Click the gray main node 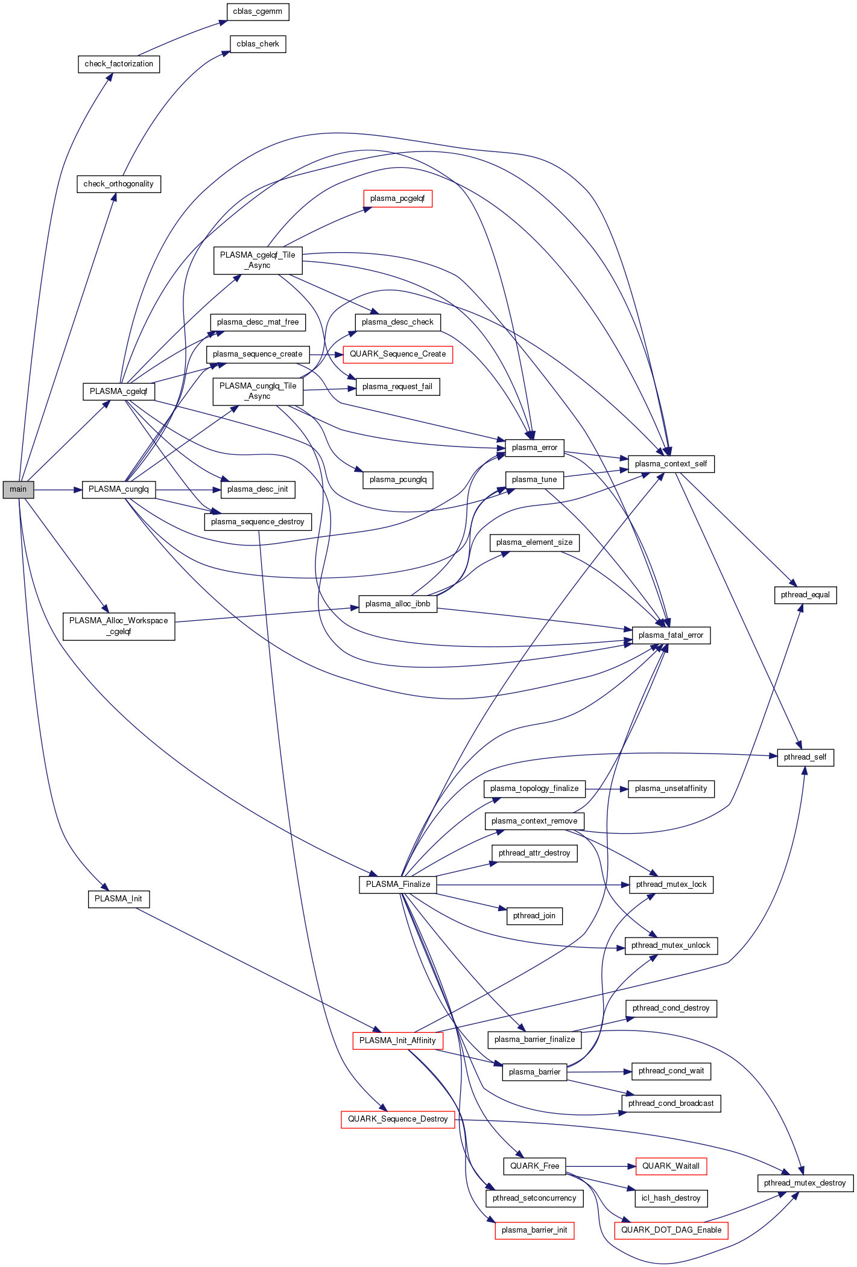click(x=18, y=489)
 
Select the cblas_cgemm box click(x=258, y=11)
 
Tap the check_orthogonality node click(x=119, y=184)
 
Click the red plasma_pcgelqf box click(x=397, y=198)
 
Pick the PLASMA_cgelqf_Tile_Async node click(x=258, y=260)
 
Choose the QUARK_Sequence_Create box click(x=397, y=354)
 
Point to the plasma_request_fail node click(x=397, y=387)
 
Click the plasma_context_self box click(x=671, y=464)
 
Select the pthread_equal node click(x=805, y=595)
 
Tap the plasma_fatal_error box click(x=671, y=635)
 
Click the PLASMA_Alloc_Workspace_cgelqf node click(x=119, y=626)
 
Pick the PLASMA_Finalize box click(x=398, y=884)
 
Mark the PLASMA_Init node click(x=118, y=899)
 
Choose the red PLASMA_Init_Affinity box click(x=397, y=1041)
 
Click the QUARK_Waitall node click(x=671, y=1166)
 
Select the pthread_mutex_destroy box click(x=805, y=1183)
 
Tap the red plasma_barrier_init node click(x=534, y=1230)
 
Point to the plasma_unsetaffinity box click(x=671, y=789)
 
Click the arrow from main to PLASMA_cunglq click(x=58, y=490)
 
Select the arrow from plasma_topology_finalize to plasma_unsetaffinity click(x=606, y=789)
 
